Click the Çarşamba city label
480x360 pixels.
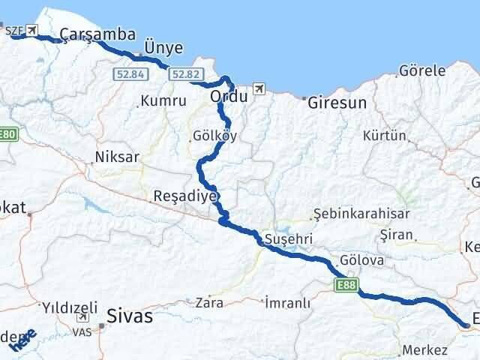point(97,34)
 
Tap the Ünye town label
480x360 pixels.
point(163,48)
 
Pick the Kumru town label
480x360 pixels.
point(162,100)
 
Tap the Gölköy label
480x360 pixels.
point(209,136)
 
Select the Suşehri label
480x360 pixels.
point(283,240)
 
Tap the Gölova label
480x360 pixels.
point(361,260)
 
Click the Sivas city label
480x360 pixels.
point(130,316)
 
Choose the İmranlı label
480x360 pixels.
point(287,303)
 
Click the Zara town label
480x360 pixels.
point(208,304)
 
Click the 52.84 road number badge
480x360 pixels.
point(129,73)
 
